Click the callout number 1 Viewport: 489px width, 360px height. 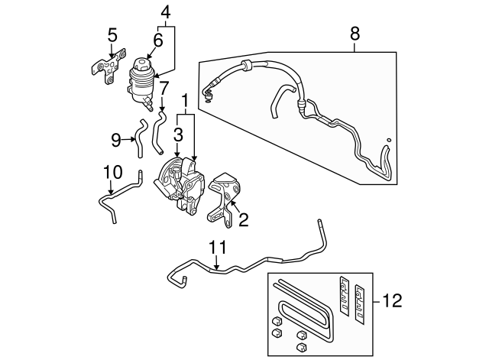[x=185, y=99]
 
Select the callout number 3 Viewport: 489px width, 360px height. [x=177, y=135]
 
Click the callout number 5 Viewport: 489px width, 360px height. [x=112, y=34]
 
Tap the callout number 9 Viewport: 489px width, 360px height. [x=116, y=139]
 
